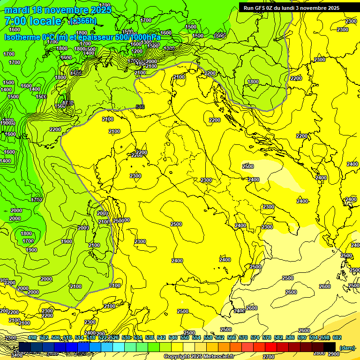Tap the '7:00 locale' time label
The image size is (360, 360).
33,21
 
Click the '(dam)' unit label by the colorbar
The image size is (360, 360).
347,347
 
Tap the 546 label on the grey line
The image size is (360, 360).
140,107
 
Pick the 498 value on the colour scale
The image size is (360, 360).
32,337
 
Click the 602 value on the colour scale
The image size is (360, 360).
337,337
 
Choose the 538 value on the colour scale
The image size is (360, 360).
150,337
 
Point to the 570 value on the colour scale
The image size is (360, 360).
243,337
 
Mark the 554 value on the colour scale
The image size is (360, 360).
196,337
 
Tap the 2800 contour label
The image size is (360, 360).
319,353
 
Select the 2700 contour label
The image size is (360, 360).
269,357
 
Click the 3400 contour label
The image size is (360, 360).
16,355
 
